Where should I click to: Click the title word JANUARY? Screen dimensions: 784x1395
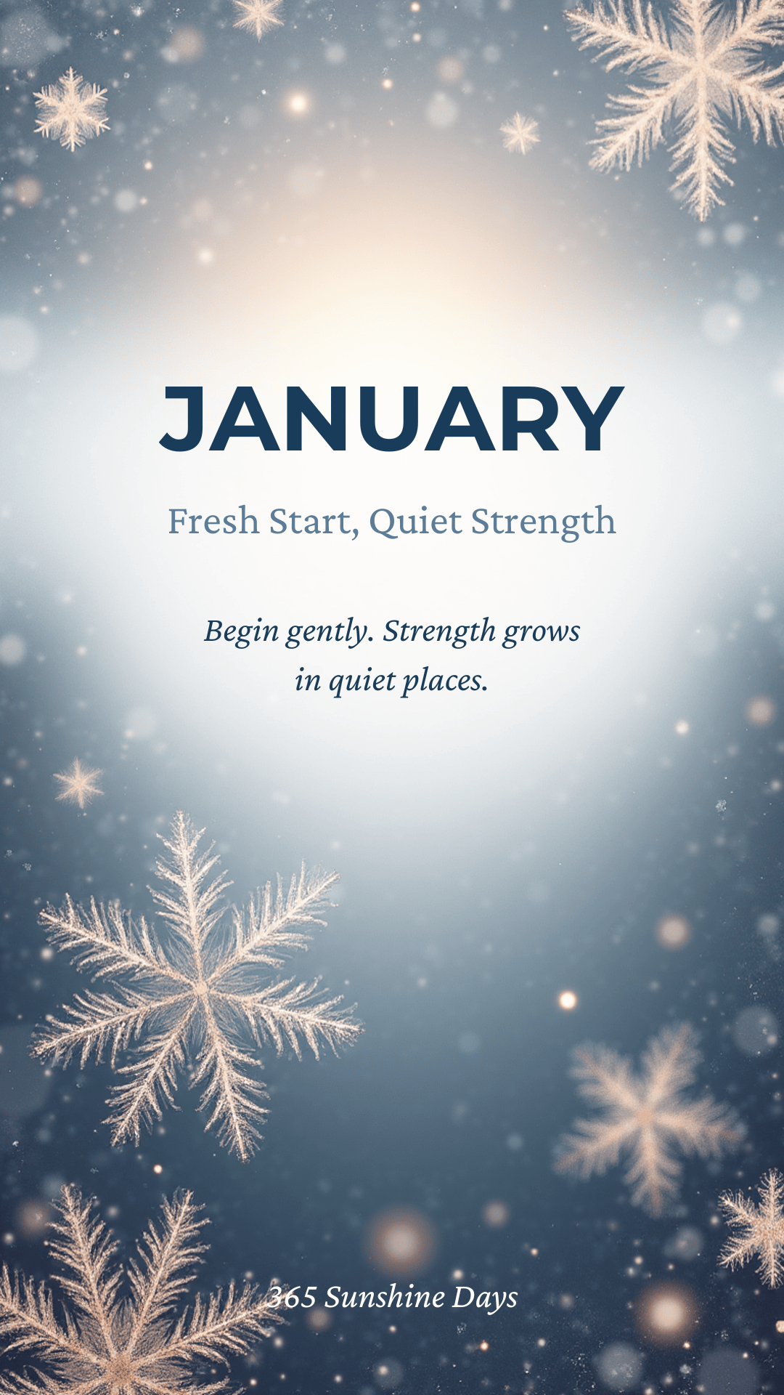tap(392, 418)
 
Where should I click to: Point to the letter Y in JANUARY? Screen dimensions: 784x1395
tap(594, 418)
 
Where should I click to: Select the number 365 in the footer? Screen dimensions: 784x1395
tap(292, 1297)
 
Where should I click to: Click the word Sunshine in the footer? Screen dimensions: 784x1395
tap(385, 1297)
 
